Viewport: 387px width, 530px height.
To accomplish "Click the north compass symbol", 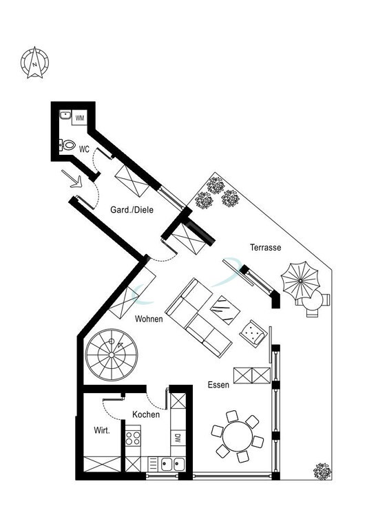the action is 34,63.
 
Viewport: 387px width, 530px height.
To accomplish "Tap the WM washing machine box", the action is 80,118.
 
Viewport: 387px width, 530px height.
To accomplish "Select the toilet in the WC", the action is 67,145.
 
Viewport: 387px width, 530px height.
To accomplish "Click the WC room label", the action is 84,149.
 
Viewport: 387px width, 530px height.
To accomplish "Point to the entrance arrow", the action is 72,179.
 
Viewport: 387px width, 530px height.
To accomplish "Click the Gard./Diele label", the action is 132,210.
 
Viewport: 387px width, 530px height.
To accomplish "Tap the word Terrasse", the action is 266,247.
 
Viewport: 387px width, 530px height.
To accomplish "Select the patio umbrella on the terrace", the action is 300,281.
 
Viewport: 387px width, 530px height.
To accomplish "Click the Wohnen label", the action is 149,319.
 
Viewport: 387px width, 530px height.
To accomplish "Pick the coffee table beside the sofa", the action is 225,310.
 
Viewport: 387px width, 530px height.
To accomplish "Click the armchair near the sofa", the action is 253,332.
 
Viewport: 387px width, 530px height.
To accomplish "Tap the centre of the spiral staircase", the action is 112,355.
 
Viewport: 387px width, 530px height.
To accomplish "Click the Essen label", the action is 218,385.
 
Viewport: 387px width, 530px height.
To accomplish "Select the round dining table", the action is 238,436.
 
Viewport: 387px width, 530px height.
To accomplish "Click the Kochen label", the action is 146,414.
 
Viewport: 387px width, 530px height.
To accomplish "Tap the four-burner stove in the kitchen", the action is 133,438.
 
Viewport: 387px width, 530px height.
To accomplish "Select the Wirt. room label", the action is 102,431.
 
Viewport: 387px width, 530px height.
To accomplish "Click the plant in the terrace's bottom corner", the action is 322,471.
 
